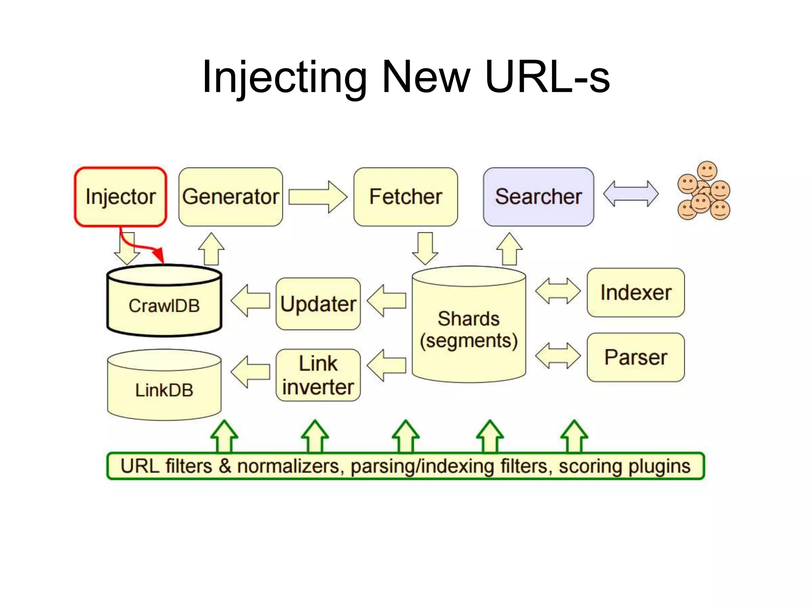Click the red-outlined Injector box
pyautogui.click(x=120, y=197)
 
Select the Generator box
pyautogui.click(x=230, y=197)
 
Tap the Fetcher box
pyautogui.click(x=406, y=197)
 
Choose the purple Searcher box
pyautogui.click(x=538, y=197)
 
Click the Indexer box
pyautogui.click(x=636, y=293)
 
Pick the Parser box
pyautogui.click(x=636, y=357)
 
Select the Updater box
pyautogui.click(x=318, y=304)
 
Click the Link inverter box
pyautogui.click(x=318, y=375)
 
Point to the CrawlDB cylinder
pyautogui.click(x=164, y=305)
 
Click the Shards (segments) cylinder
pyautogui.click(x=469, y=329)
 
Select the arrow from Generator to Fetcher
pyautogui.click(x=318, y=197)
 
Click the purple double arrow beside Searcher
pyautogui.click(x=631, y=194)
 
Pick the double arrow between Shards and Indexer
pyautogui.click(x=557, y=291)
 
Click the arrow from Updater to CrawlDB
pyautogui.click(x=250, y=301)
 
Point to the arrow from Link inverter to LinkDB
pyautogui.click(x=250, y=372)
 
